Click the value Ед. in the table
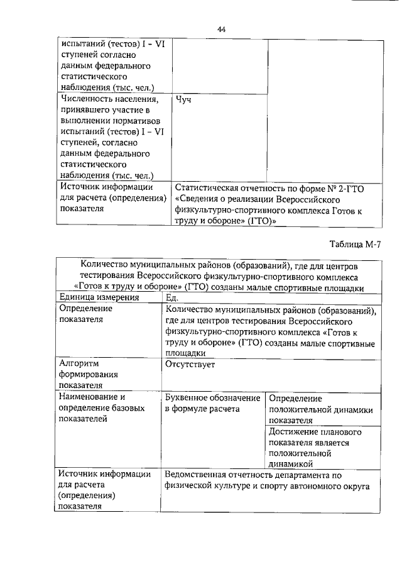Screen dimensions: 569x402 (x=172, y=298)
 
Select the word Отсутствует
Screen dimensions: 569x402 (x=190, y=363)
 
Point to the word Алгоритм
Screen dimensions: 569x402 (x=80, y=363)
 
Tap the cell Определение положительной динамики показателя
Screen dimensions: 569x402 (x=321, y=409)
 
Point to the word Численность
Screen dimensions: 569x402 (x=89, y=99)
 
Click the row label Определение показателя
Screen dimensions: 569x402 (x=85, y=314)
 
